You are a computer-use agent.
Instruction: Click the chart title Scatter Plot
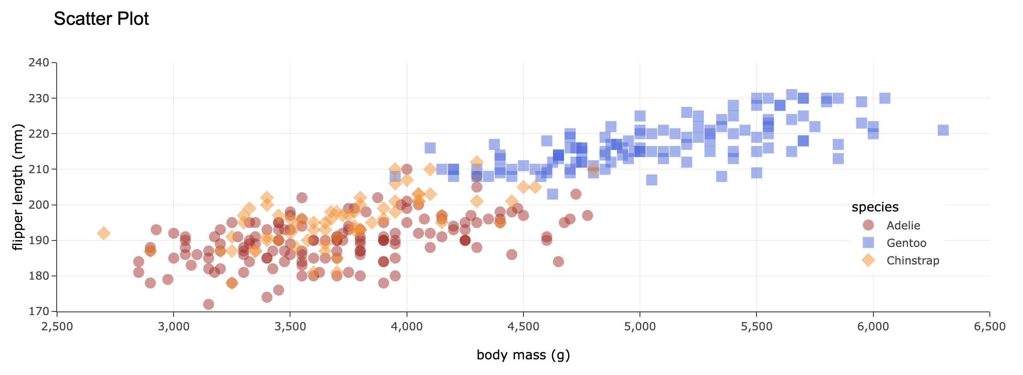tap(101, 19)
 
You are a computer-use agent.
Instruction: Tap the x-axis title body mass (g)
tap(523, 355)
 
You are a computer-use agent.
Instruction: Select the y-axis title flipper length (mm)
tap(18, 187)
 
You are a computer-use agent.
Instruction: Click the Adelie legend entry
tap(903, 225)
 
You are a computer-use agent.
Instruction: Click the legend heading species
tap(875, 207)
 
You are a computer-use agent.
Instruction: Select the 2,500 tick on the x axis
tap(57, 327)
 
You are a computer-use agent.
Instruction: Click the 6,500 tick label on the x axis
tap(989, 327)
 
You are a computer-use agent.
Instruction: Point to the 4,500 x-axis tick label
tap(523, 327)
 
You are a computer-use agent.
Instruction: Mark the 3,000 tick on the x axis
tap(174, 327)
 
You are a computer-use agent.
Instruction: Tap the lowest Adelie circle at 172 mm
tap(209, 304)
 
